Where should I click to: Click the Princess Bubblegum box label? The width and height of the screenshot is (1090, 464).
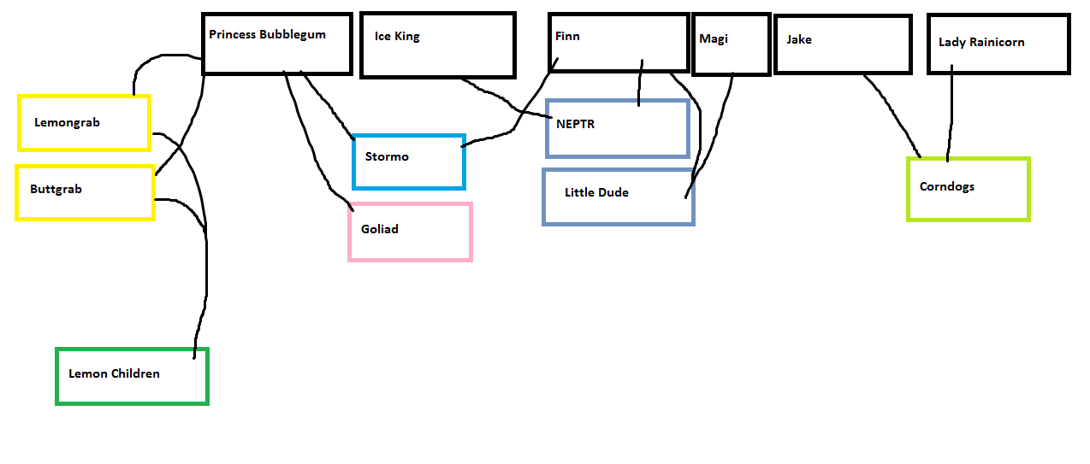267,35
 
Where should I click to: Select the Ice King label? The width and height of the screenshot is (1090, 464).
397,37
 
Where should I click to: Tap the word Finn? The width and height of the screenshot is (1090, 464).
567,36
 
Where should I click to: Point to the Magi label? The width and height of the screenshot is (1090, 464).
714,38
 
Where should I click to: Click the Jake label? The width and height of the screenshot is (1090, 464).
799,39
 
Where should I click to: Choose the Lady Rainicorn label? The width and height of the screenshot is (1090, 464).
981,42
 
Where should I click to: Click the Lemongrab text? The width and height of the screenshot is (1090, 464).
67,122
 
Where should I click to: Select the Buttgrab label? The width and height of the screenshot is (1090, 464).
56,189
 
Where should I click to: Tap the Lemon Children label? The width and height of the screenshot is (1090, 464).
114,373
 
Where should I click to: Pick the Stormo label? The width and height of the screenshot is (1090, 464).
387,156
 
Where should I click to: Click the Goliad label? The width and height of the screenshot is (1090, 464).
380,229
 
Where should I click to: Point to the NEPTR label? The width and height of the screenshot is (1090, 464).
575,124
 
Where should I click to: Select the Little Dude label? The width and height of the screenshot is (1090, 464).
596,192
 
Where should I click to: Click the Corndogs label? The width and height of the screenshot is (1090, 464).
947,186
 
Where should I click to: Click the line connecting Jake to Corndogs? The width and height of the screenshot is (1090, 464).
894,115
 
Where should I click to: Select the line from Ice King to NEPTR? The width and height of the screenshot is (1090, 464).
505,99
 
